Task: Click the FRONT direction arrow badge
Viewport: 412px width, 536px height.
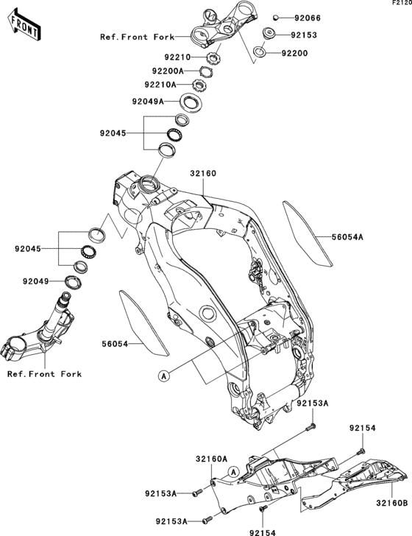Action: tap(23, 27)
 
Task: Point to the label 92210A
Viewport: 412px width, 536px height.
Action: tap(169, 85)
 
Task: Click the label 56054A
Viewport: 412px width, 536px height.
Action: tap(349, 237)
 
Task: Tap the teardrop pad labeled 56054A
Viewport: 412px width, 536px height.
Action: tap(308, 233)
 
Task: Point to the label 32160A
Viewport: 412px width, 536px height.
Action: tap(211, 458)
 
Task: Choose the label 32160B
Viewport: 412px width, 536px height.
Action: tap(391, 504)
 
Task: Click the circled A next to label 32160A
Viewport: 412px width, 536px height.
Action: tap(232, 472)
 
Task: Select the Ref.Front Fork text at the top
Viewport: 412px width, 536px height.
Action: tap(137, 36)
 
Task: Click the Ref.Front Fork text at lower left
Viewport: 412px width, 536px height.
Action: tap(44, 374)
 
